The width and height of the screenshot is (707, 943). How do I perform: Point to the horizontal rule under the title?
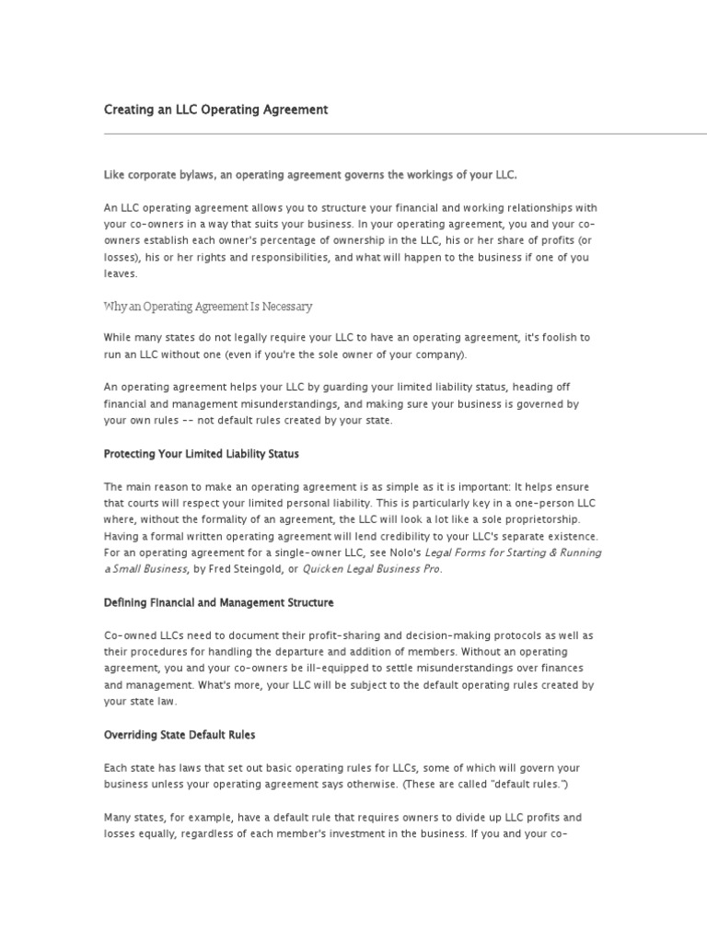click(x=405, y=134)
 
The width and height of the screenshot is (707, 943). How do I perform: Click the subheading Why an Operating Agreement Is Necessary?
click(x=208, y=306)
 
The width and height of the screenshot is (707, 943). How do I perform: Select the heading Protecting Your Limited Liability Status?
click(x=202, y=454)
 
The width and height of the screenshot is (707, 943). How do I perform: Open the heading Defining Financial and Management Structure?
click(x=219, y=602)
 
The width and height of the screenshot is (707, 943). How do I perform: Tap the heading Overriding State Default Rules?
click(x=180, y=735)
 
